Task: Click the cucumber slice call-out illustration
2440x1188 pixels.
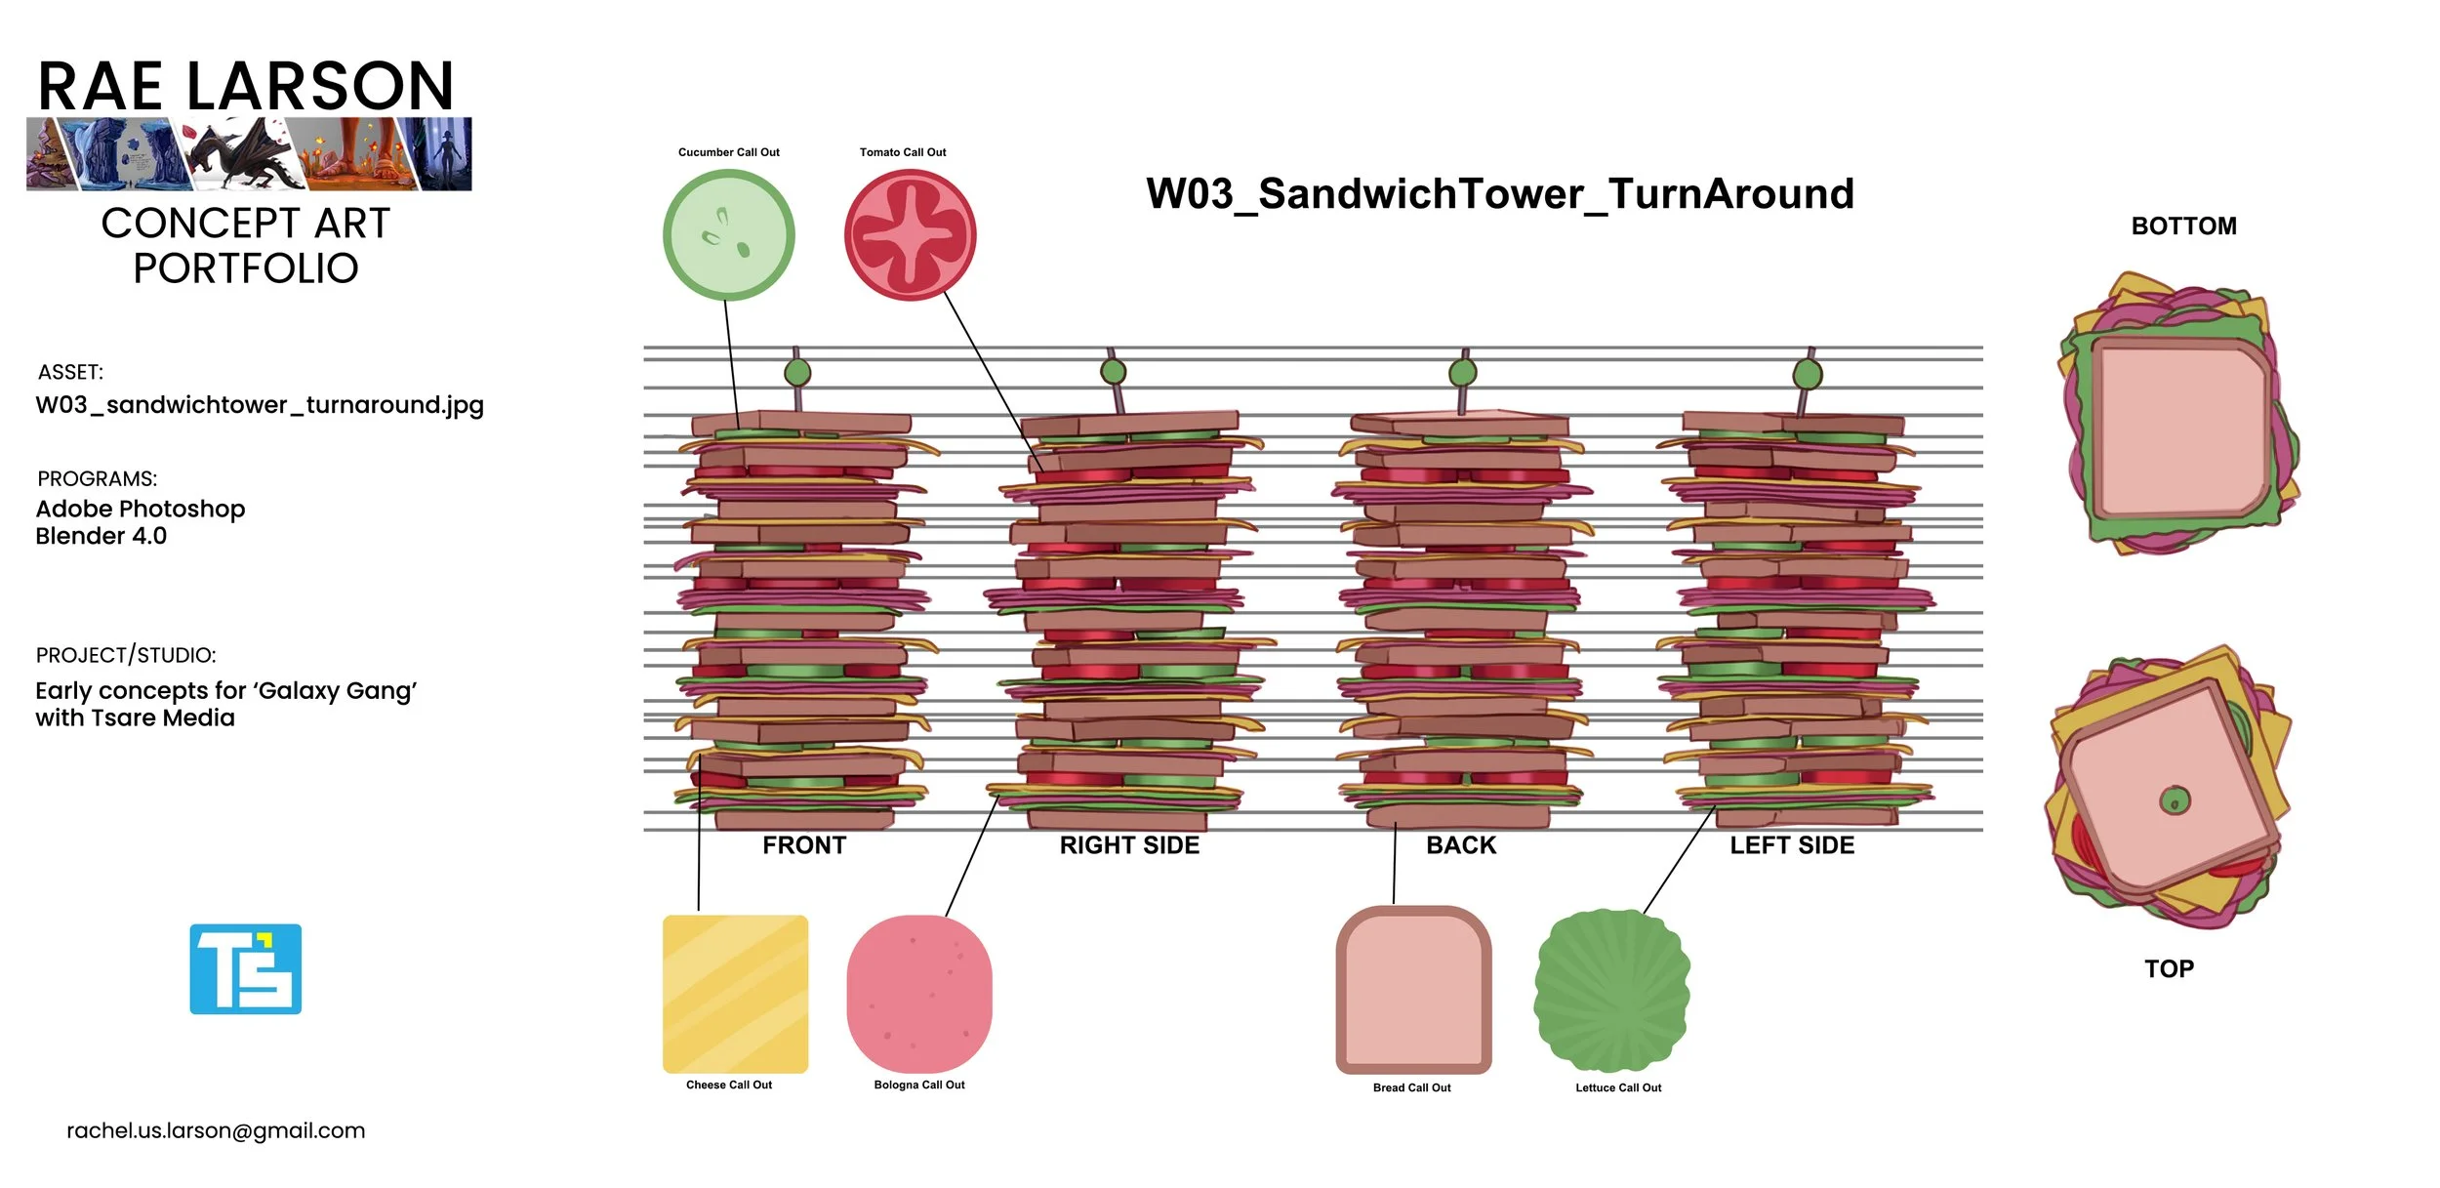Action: pyautogui.click(x=728, y=235)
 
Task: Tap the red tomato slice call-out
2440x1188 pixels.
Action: pyautogui.click(x=910, y=235)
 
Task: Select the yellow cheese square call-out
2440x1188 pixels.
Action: pyautogui.click(x=735, y=994)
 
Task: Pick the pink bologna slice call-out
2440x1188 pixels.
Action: pyautogui.click(x=918, y=994)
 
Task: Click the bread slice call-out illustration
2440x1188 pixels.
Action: pyautogui.click(x=1413, y=990)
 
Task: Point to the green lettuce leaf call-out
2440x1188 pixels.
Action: pyautogui.click(x=1612, y=990)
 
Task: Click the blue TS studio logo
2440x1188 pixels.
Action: pyautogui.click(x=245, y=969)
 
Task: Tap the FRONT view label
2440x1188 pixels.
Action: pyautogui.click(x=804, y=845)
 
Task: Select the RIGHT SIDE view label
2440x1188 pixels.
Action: pyautogui.click(x=1129, y=845)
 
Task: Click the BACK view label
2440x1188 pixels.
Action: pyautogui.click(x=1460, y=845)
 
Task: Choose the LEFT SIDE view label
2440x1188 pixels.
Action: pyautogui.click(x=1792, y=845)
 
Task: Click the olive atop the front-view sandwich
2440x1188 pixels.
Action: pyautogui.click(x=797, y=372)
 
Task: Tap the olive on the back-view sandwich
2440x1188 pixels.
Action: pyautogui.click(x=1462, y=372)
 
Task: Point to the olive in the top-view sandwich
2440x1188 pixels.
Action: pyautogui.click(x=2175, y=800)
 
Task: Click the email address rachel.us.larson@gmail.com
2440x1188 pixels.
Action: pyautogui.click(x=216, y=1130)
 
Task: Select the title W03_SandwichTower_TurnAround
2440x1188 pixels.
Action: pyautogui.click(x=1499, y=193)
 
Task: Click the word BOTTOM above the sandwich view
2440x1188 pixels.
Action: pyautogui.click(x=2183, y=226)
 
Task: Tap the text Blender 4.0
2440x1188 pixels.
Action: pyautogui.click(x=101, y=536)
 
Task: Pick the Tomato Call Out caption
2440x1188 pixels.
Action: pyautogui.click(x=903, y=152)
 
